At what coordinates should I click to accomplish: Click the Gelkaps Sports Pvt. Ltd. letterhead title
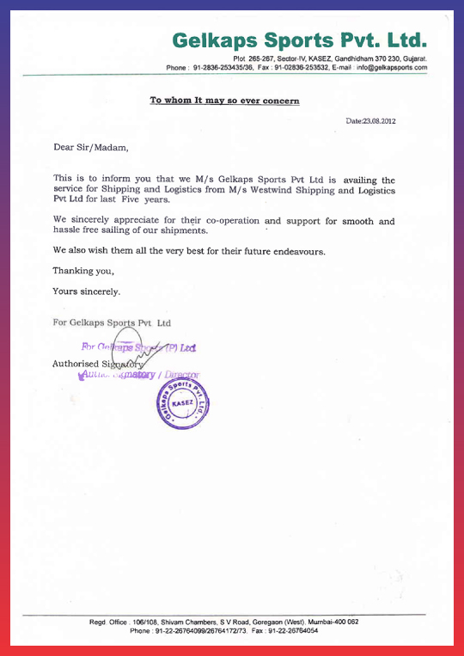[299, 40]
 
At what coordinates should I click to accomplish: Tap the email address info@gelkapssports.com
[392, 67]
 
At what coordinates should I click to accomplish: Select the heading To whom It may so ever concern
[225, 101]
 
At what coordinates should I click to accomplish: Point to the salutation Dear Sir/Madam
[90, 147]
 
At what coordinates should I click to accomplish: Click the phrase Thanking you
[82, 271]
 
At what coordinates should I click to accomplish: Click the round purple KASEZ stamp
[183, 403]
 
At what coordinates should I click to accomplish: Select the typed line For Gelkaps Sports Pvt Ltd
[112, 323]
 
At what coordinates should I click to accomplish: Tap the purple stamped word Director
[180, 375]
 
